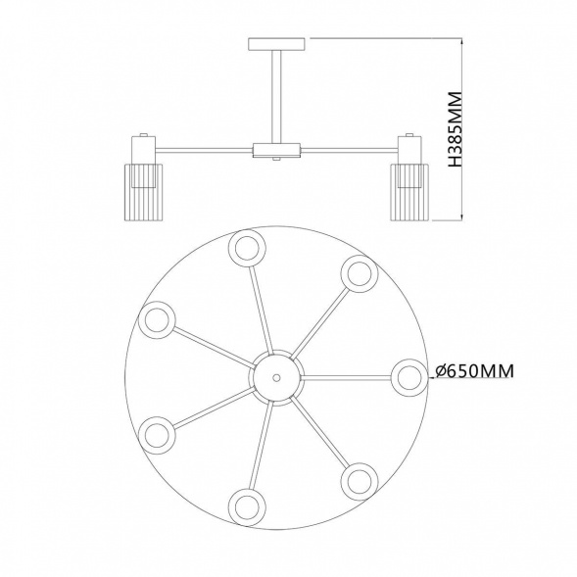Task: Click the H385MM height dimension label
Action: pyautogui.click(x=455, y=129)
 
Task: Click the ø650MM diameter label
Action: pyautogui.click(x=474, y=370)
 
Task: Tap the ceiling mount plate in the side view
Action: pyautogui.click(x=276, y=44)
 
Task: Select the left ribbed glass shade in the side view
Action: pyautogui.click(x=142, y=192)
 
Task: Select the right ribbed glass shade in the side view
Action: pyautogui.click(x=409, y=192)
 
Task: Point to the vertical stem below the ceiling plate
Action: pyautogui.click(x=276, y=96)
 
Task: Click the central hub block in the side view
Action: pyautogui.click(x=276, y=150)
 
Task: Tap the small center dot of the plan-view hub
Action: pyautogui.click(x=276, y=377)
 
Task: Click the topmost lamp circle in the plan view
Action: pyautogui.click(x=247, y=249)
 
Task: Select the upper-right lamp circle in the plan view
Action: pyautogui.click(x=360, y=273)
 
